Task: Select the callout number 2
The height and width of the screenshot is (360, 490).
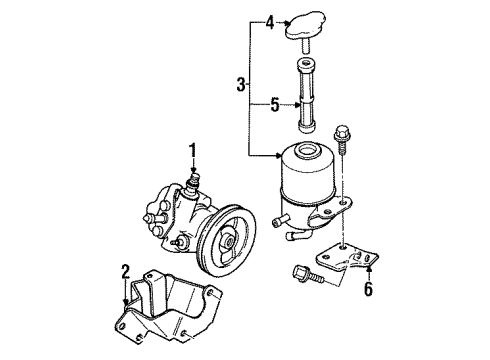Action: coord(125,269)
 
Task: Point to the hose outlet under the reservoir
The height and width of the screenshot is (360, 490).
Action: coord(292,237)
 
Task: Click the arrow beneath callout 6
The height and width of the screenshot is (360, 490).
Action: coord(368,268)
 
